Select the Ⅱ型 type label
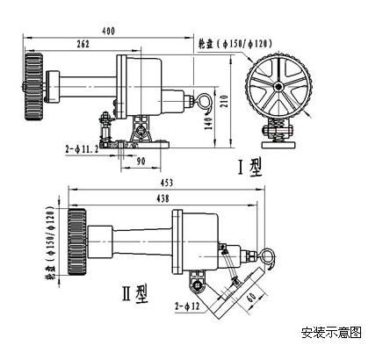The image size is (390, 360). (135, 293)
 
